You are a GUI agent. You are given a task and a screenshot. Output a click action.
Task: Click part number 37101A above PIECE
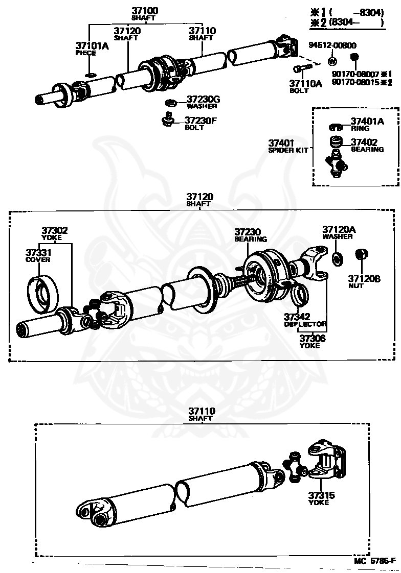[93, 46]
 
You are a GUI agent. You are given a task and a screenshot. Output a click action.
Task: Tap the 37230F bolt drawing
[167, 121]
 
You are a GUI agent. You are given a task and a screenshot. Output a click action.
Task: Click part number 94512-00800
[332, 45]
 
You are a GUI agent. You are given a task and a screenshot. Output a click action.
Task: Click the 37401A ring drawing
[335, 126]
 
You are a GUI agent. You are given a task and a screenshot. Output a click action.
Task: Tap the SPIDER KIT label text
[288, 151]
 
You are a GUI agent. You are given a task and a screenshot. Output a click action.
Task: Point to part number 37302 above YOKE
[54, 231]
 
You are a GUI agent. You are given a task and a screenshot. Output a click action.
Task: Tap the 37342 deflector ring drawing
[300, 294]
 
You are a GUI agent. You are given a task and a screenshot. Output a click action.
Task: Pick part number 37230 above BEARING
[248, 231]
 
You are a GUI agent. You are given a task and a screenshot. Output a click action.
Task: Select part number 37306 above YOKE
[312, 338]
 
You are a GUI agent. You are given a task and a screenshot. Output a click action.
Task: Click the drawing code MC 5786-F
[374, 561]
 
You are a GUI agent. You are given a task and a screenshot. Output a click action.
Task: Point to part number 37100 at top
[145, 10]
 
